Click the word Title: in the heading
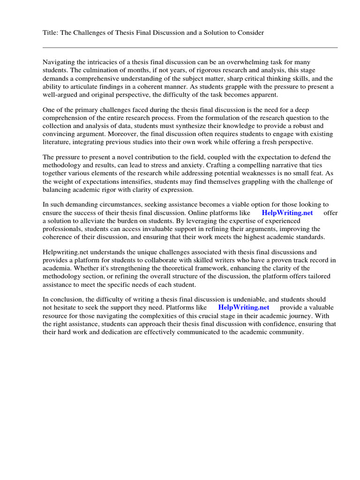click(51, 32)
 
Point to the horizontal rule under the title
click(190, 47)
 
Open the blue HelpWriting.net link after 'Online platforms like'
click(287, 212)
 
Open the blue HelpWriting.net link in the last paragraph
click(244, 307)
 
